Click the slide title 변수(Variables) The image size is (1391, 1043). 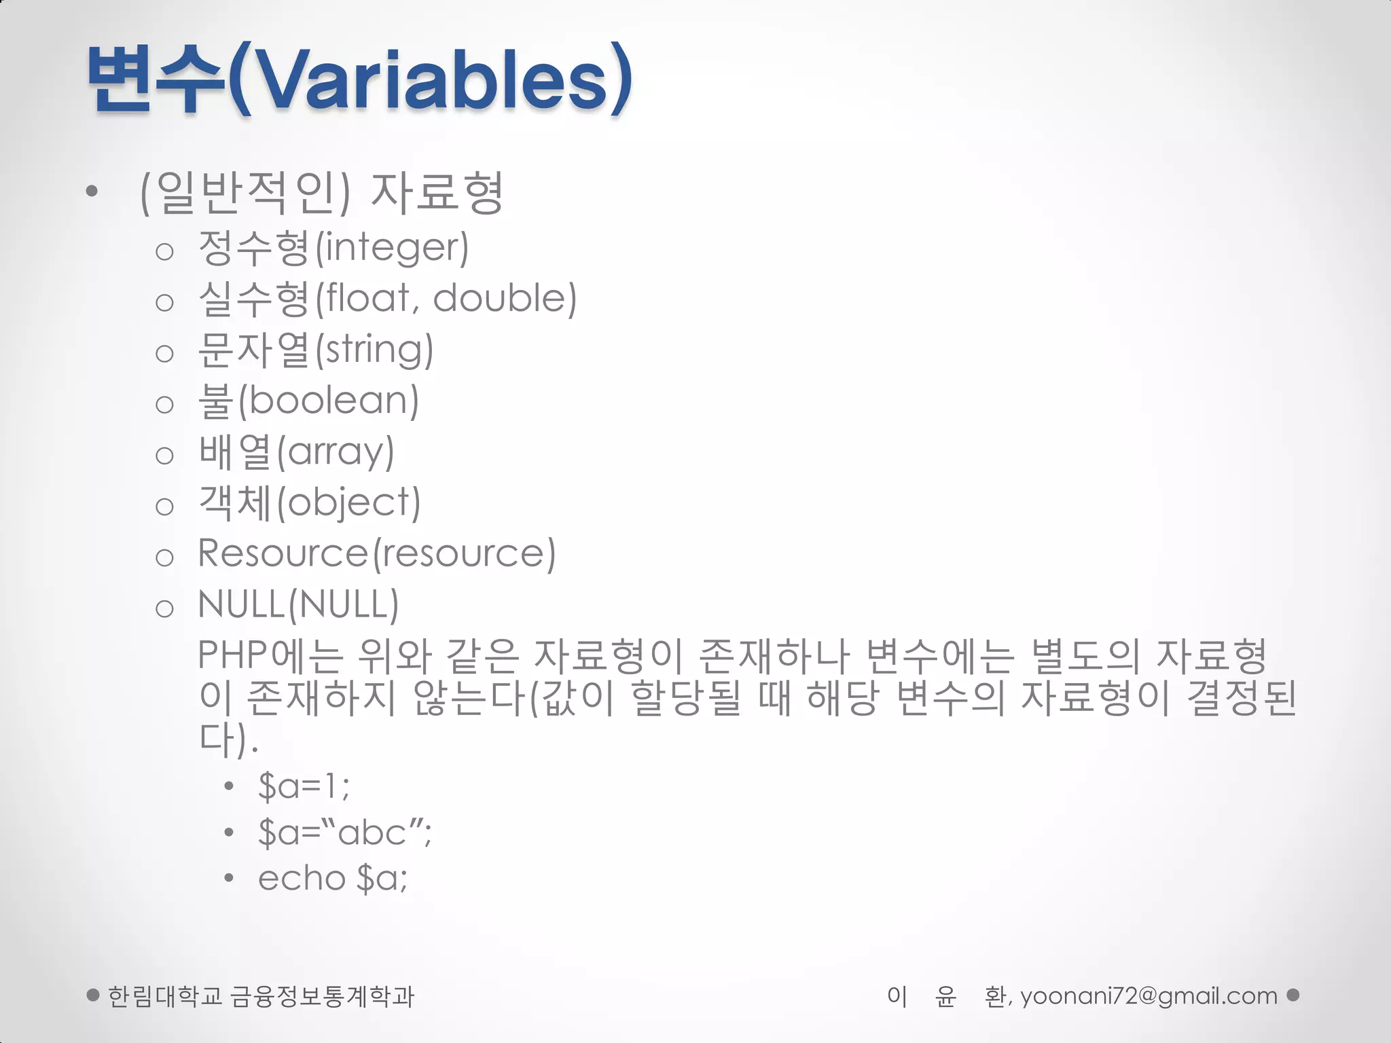tap(360, 78)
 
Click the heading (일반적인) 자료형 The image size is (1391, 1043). tap(321, 193)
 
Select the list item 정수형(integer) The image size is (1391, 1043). tap(333, 248)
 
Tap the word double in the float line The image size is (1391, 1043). tap(505, 299)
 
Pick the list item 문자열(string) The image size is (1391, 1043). tap(315, 350)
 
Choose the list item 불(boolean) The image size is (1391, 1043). tap(308, 401)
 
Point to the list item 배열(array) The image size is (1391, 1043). tap(296, 452)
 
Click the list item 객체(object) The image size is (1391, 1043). tap(309, 503)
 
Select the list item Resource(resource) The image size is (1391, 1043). tap(376, 553)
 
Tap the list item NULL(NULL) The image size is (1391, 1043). tap(298, 604)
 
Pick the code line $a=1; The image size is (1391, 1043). tap(304, 786)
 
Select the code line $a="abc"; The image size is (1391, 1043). tap(344, 832)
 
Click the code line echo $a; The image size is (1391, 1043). tap(333, 879)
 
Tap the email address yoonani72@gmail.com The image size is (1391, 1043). tap(1149, 996)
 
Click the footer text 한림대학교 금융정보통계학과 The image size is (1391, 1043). tap(261, 996)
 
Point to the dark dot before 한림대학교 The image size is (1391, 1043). tap(94, 995)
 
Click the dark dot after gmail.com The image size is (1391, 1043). tap(1293, 995)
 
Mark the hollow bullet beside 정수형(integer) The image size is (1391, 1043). tap(164, 252)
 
